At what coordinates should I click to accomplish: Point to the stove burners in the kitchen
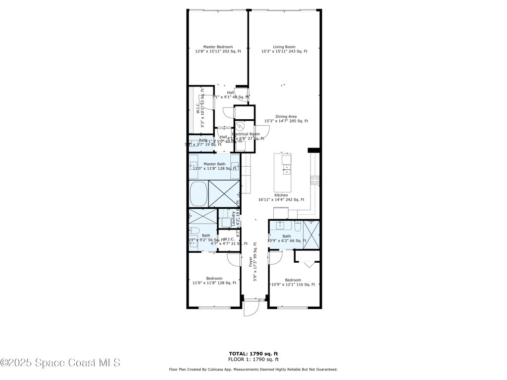(x=313, y=180)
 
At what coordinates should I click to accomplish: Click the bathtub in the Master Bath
(x=199, y=193)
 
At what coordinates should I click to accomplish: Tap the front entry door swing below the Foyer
(x=251, y=308)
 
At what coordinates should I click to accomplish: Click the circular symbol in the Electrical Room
(x=240, y=127)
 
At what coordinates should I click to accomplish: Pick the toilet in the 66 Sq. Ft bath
(x=297, y=227)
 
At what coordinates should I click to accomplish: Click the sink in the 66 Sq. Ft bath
(x=281, y=226)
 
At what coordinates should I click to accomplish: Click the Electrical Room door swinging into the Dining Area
(x=262, y=131)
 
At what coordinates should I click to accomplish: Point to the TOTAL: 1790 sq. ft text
(x=253, y=354)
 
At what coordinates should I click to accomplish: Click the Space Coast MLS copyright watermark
(x=60, y=363)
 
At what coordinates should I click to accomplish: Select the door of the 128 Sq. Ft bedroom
(x=233, y=259)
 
